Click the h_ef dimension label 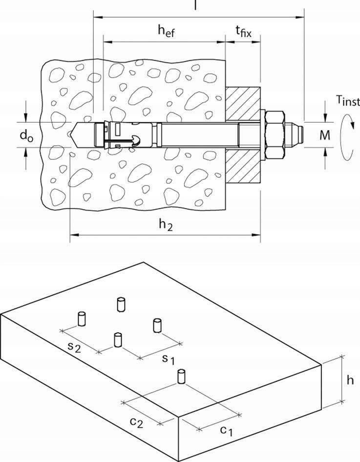(x=166, y=31)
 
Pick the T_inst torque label (x=347, y=101)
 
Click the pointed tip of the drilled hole (x=73, y=132)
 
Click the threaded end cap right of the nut (x=295, y=132)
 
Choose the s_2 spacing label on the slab (x=74, y=347)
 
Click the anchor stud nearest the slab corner (x=181, y=377)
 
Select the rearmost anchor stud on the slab (x=120, y=304)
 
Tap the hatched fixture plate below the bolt (x=242, y=169)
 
